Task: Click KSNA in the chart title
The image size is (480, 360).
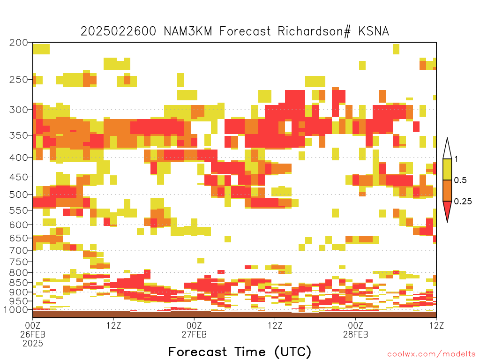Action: point(374,31)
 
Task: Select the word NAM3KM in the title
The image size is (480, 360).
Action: point(188,31)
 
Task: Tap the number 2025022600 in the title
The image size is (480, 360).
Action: point(118,31)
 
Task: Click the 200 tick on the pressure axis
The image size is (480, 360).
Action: point(18,43)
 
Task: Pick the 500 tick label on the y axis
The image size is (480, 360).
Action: point(18,195)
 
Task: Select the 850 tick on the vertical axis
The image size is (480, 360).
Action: point(18,283)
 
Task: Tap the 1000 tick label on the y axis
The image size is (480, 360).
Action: point(15,310)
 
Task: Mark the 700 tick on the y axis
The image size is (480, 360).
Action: point(18,250)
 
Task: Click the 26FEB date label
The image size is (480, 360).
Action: point(33,334)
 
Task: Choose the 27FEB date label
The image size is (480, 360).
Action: point(194,334)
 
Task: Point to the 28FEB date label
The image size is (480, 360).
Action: point(355,334)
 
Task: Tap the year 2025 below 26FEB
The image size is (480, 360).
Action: point(33,344)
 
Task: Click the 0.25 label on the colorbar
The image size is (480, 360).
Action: point(463,202)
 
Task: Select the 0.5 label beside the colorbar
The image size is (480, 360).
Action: point(460,180)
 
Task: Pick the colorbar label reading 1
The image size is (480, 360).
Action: point(456,159)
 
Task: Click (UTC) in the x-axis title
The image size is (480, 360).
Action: point(292,352)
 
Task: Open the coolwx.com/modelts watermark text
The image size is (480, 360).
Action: point(432,354)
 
